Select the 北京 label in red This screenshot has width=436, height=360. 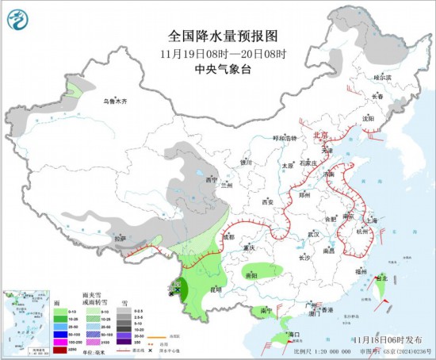pos(320,136)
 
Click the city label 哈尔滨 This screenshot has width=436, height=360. pos(383,78)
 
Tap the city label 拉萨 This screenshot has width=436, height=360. pos(120,237)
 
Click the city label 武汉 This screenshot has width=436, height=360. pos(315,234)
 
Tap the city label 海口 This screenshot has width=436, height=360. pos(295,335)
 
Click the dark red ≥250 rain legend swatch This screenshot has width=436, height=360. pos(60,347)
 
